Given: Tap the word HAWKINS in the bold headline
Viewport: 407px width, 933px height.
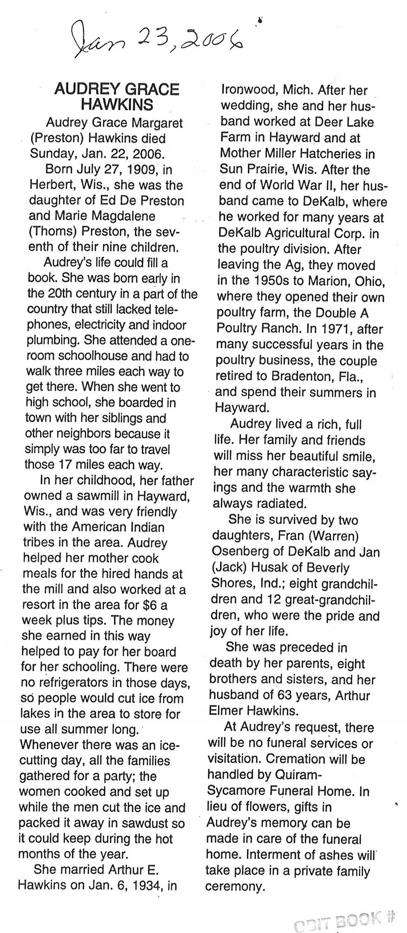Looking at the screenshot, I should [117, 105].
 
